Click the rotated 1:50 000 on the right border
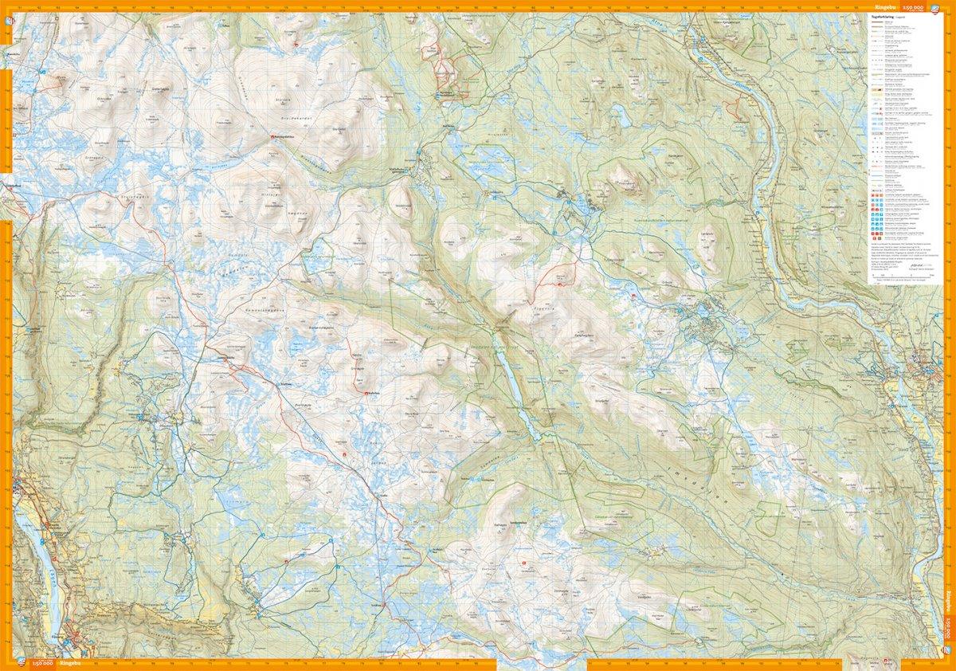click(949, 634)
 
